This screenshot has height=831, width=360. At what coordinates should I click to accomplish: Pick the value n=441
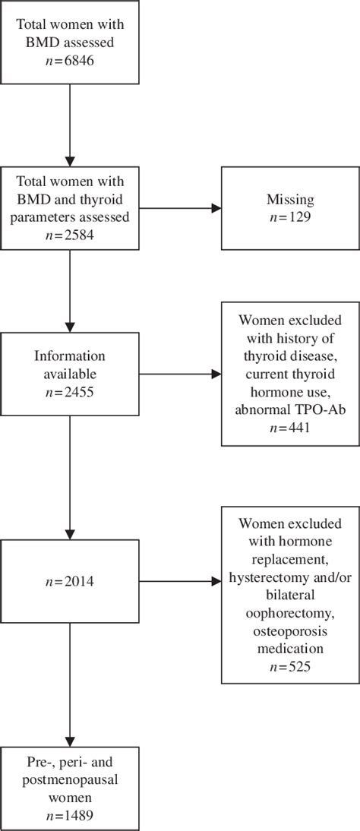[x=289, y=428]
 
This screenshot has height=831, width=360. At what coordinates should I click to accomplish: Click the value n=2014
[x=71, y=583]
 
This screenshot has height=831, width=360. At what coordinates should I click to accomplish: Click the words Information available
[x=71, y=365]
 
